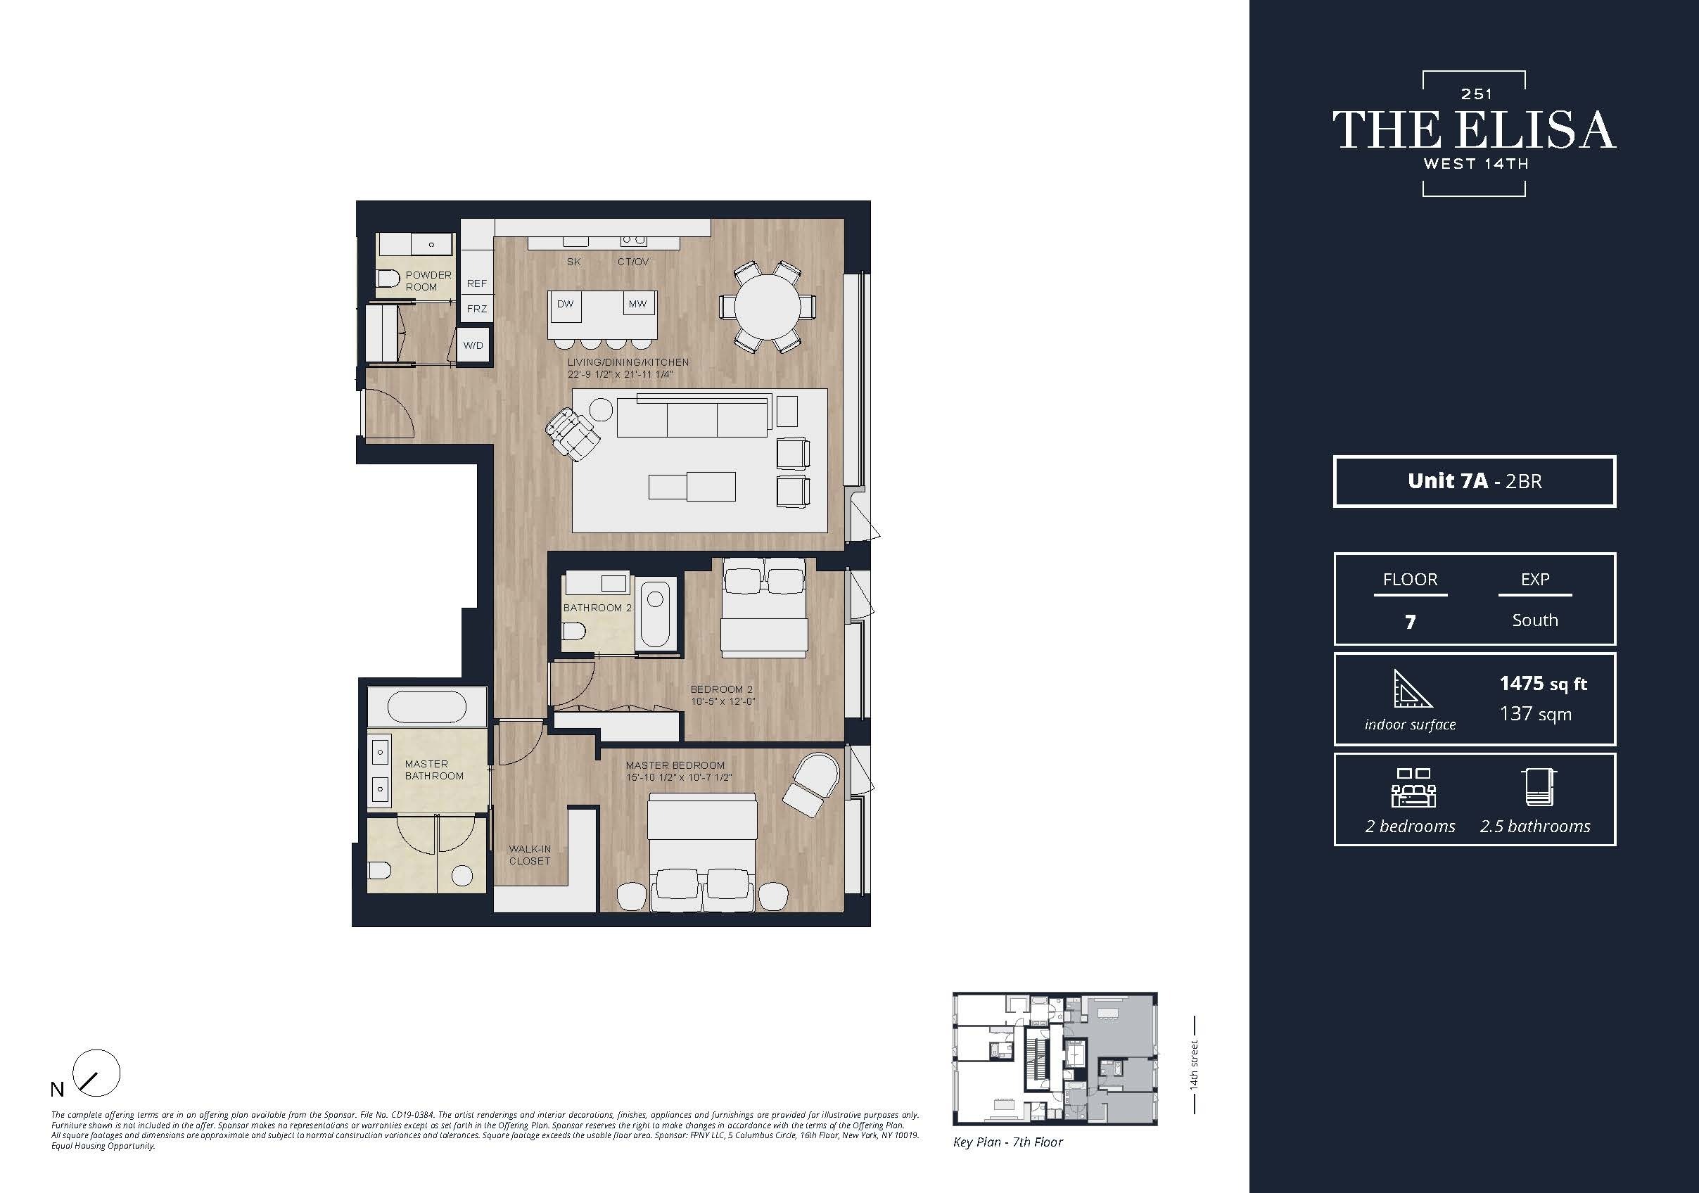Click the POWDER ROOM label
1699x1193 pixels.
point(427,281)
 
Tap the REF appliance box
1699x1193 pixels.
point(476,283)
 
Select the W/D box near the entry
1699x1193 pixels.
point(473,345)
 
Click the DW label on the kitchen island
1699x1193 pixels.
point(565,304)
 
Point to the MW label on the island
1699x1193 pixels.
point(637,304)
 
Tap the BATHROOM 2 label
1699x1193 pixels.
point(597,608)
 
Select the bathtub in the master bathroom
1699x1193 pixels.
point(427,707)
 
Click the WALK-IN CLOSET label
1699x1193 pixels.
point(530,855)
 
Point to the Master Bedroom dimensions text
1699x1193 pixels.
point(679,777)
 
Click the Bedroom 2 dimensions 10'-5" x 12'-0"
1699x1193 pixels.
point(723,701)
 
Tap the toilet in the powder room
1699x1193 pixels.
point(388,279)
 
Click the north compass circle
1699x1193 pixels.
point(97,1073)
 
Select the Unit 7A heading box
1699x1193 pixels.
point(1474,481)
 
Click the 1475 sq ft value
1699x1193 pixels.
point(1542,683)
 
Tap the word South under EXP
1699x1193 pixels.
point(1534,620)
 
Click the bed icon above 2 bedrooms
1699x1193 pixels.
point(1413,787)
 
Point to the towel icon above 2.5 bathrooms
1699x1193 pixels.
point(1538,787)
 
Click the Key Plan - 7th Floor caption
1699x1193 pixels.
point(1007,1142)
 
